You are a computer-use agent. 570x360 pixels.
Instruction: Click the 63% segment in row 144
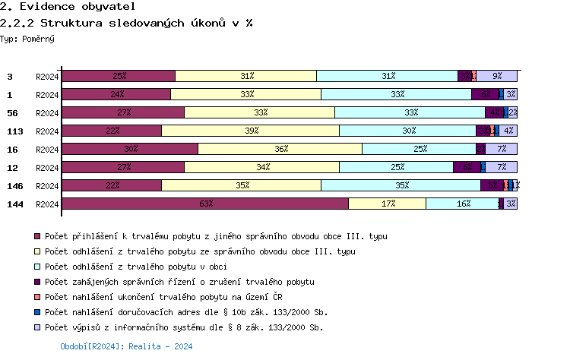point(204,204)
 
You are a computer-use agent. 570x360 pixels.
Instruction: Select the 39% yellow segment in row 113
point(250,131)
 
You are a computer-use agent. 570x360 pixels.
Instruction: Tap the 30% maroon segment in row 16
point(129,149)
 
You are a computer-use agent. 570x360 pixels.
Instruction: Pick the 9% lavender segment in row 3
point(497,76)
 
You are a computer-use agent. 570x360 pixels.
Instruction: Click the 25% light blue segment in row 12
point(396,167)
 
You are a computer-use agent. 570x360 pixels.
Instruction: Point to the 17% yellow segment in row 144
point(387,204)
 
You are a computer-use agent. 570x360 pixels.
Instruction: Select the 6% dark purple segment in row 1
point(485,94)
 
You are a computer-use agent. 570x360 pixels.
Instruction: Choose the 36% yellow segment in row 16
point(280,149)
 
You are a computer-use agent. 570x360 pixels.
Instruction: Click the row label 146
point(14,185)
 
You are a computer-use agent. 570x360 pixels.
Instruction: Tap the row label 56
point(11,112)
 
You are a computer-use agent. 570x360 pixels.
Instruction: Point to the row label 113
point(14,131)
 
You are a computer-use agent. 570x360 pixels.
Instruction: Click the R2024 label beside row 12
point(47,167)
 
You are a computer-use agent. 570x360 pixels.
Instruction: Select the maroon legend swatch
point(37,236)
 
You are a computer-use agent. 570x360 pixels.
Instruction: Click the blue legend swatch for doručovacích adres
point(37,312)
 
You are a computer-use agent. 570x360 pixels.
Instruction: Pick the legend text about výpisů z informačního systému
point(184,327)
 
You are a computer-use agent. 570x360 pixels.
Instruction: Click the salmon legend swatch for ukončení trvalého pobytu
point(37,297)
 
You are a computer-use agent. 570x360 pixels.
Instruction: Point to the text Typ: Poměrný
point(27,38)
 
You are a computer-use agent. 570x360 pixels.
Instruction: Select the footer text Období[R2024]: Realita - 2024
point(126,346)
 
